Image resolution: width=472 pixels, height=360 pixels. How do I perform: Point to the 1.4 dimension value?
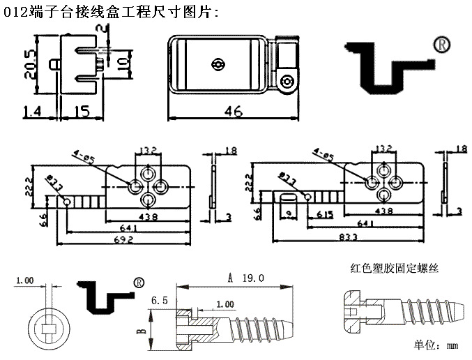pos(33,110)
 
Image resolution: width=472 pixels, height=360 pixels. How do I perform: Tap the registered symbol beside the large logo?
pos(441,43)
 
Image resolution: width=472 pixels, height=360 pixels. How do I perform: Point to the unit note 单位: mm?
pos(435,345)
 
